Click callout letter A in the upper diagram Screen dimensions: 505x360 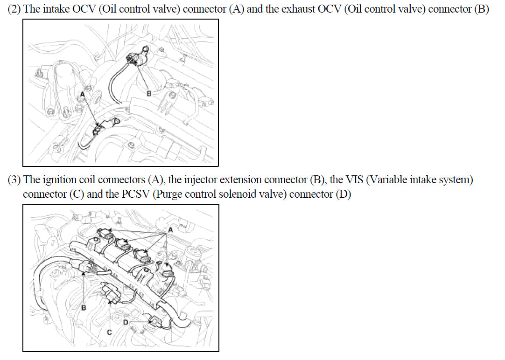83,95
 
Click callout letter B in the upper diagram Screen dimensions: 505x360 149,93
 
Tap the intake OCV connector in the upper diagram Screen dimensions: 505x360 98,130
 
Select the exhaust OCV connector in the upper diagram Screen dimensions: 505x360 133,59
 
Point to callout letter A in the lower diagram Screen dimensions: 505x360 170,230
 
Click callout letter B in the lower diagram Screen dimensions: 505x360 84,308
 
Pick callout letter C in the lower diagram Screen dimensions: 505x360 110,332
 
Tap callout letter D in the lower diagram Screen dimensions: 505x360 126,322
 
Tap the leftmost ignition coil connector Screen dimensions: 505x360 106,234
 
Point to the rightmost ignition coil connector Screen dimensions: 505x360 168,270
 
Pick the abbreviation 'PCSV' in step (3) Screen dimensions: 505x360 136,194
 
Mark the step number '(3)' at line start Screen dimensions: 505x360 14,180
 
